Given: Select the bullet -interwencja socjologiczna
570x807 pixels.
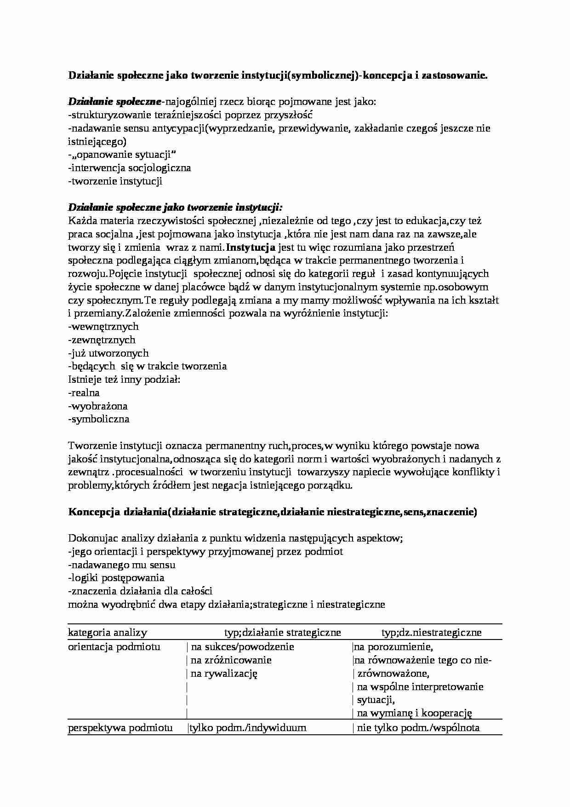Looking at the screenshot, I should (129, 168).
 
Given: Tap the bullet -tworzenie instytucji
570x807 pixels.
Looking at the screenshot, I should (115, 181).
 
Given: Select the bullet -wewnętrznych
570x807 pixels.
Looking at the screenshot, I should (103, 327).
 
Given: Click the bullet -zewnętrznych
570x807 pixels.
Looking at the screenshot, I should (102, 340).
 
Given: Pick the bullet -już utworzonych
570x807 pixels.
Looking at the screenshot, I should (108, 353).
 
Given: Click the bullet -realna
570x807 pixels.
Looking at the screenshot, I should (84, 393).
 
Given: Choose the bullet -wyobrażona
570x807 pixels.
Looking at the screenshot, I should (98, 406).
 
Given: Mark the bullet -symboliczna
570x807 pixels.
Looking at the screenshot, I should (98, 419).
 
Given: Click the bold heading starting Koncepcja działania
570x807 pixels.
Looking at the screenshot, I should (272, 512).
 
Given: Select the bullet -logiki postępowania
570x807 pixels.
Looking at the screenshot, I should (116, 578).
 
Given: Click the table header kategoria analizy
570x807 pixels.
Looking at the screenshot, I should (108, 633).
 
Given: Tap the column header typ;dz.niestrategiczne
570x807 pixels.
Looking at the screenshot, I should (431, 633).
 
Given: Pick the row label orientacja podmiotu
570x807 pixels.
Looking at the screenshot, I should (114, 647).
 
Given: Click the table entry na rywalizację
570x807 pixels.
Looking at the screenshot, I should (224, 674).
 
